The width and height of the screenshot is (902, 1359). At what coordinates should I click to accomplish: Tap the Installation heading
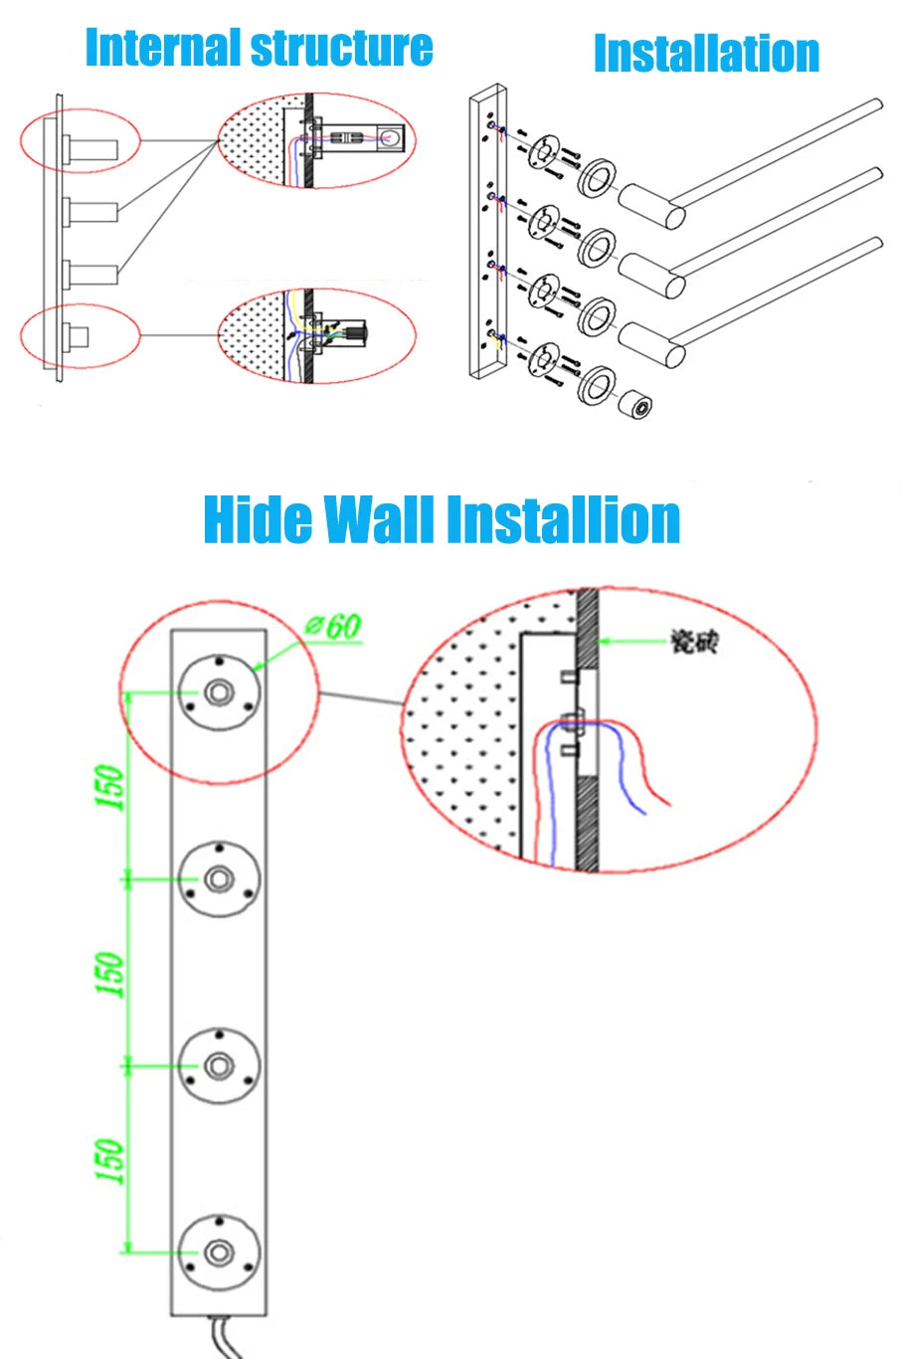(x=706, y=54)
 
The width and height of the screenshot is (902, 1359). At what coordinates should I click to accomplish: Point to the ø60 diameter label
(x=333, y=627)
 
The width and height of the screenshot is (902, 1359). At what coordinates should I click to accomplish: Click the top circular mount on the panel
(x=219, y=692)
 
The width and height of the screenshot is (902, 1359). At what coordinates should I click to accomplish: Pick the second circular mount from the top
(x=219, y=878)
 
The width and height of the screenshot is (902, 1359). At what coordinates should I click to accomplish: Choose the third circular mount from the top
(x=219, y=1066)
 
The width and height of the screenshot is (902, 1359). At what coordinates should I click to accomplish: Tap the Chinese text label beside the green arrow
(x=693, y=643)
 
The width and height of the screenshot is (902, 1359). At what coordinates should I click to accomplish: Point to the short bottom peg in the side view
(x=76, y=336)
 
